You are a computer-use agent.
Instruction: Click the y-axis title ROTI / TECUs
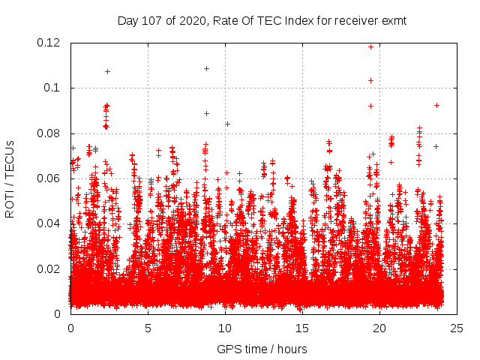(x=10, y=178)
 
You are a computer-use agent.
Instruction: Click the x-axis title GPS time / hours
(x=262, y=349)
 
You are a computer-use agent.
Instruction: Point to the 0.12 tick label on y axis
(x=49, y=43)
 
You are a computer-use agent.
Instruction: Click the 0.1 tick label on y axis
(x=54, y=88)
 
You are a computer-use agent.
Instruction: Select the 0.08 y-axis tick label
(x=49, y=133)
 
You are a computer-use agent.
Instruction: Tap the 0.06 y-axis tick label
(x=49, y=178)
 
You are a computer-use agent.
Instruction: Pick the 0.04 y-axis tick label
(x=49, y=223)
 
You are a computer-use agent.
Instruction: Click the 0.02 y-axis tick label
(x=49, y=268)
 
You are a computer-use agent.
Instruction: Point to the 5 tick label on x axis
(x=148, y=328)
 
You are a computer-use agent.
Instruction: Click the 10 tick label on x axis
(x=225, y=328)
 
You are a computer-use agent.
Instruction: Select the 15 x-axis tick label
(x=302, y=328)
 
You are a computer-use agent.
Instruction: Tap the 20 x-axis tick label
(x=379, y=328)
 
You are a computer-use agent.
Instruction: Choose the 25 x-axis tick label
(x=457, y=328)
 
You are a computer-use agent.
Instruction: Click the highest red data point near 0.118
(x=370, y=46)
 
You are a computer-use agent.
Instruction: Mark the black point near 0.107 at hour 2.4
(x=108, y=71)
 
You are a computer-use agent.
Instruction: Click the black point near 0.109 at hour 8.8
(x=206, y=68)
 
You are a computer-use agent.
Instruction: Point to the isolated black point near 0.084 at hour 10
(x=227, y=124)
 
